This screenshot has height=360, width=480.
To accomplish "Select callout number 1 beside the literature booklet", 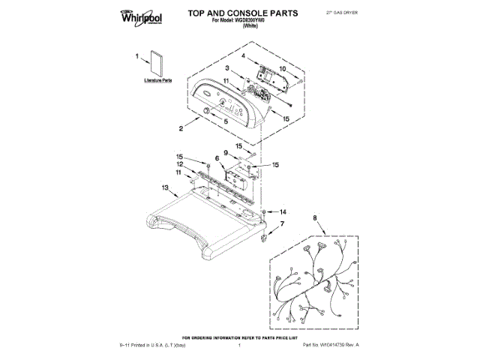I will pos(137,55).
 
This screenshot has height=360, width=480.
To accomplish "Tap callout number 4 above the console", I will pos(243,56).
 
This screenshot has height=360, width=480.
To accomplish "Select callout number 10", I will pos(283,69).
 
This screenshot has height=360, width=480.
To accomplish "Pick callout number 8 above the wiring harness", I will pos(314,218).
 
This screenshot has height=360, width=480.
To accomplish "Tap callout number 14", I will pos(283,211).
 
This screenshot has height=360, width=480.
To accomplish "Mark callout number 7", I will pos(283,224).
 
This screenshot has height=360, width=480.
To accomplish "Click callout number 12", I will pos(181,163).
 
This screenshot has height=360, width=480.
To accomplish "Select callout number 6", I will pos(217,158).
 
